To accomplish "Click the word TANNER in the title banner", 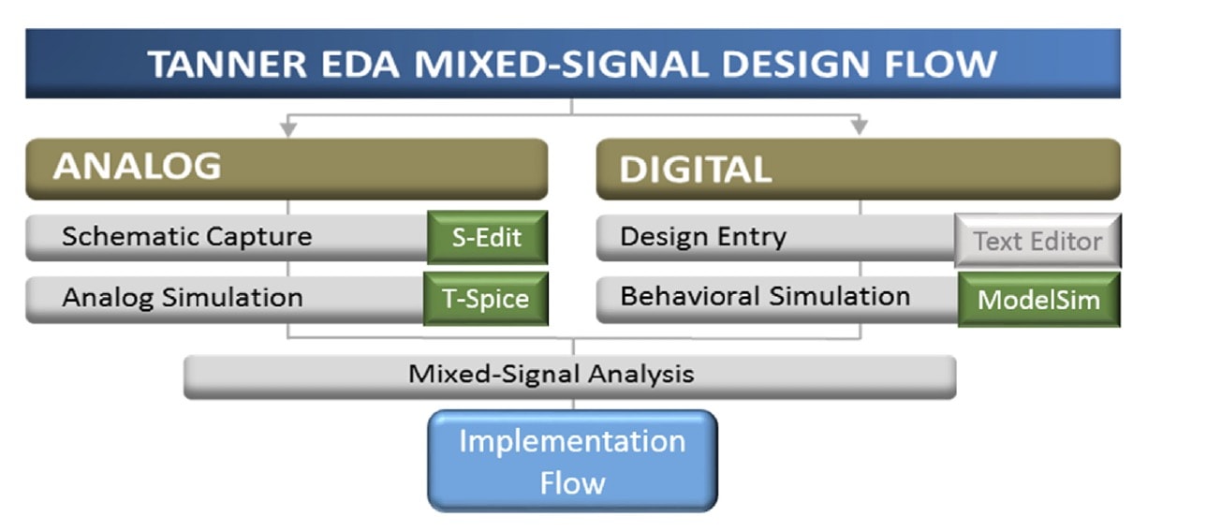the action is (x=228, y=65).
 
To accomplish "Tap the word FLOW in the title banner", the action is (x=941, y=65).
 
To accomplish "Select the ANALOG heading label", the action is (x=138, y=166).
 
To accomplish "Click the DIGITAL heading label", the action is (x=696, y=169).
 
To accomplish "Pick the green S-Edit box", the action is (x=487, y=238).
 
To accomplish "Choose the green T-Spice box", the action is (x=486, y=299).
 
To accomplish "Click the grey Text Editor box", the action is (x=1037, y=241).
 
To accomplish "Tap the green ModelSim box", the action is (x=1039, y=300).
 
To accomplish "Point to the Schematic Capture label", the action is (x=187, y=237).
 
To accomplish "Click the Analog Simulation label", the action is (x=183, y=298).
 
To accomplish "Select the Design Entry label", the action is (x=703, y=237).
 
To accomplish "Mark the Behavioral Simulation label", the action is (x=765, y=296).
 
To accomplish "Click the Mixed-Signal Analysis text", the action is (x=552, y=375).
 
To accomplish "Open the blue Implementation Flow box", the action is (x=572, y=461).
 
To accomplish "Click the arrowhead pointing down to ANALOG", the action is (x=288, y=129).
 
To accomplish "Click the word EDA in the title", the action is (x=360, y=65).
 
